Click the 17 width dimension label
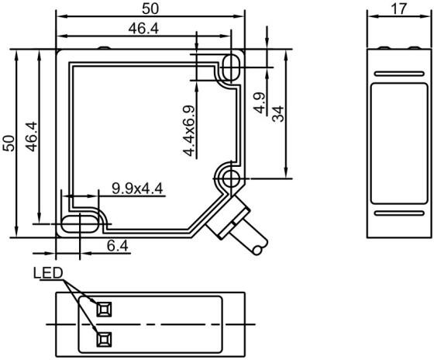click(399, 9)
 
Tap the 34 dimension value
click(278, 113)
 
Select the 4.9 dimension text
click(260, 103)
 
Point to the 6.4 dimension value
click(118, 246)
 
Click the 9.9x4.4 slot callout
click(137, 189)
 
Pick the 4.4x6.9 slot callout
click(189, 130)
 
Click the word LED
click(48, 273)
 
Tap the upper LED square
click(104, 309)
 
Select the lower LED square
click(104, 339)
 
